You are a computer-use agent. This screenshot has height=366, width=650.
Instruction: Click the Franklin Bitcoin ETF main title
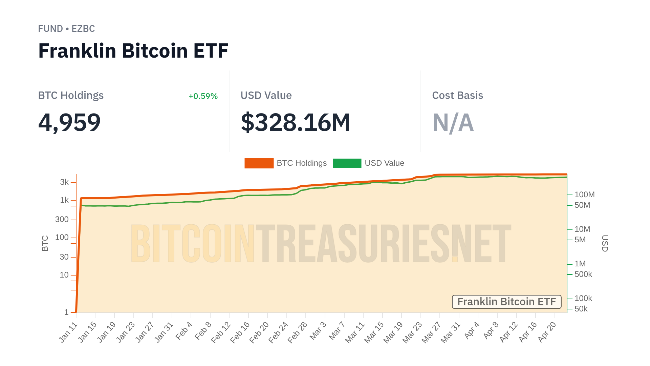(x=133, y=51)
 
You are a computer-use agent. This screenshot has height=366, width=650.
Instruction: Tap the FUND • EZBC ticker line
(x=66, y=29)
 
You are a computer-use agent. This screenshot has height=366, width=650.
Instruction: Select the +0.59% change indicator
(x=203, y=96)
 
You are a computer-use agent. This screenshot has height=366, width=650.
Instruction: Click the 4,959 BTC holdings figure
(x=69, y=122)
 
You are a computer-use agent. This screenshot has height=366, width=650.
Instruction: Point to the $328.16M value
(x=295, y=122)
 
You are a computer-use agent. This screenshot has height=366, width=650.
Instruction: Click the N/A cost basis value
(x=453, y=122)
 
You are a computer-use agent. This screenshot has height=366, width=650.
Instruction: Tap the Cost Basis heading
(x=457, y=96)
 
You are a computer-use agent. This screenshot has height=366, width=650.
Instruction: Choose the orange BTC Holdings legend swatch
(x=259, y=163)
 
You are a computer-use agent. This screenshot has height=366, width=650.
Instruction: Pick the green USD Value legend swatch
(x=347, y=163)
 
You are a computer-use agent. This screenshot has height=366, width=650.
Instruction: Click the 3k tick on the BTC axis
(x=64, y=182)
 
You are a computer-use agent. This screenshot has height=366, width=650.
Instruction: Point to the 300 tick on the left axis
(x=62, y=220)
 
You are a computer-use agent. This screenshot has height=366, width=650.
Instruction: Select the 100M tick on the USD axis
(x=584, y=195)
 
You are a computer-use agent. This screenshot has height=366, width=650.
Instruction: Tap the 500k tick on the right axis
(x=583, y=274)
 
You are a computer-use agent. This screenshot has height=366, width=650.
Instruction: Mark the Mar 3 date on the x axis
(x=318, y=330)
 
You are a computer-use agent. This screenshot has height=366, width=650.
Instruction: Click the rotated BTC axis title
(x=45, y=243)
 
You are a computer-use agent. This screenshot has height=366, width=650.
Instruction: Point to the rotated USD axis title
(x=605, y=243)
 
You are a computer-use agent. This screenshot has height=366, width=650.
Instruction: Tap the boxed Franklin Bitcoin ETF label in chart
(x=506, y=302)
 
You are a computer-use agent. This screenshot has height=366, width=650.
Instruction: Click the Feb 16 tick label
(x=240, y=332)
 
